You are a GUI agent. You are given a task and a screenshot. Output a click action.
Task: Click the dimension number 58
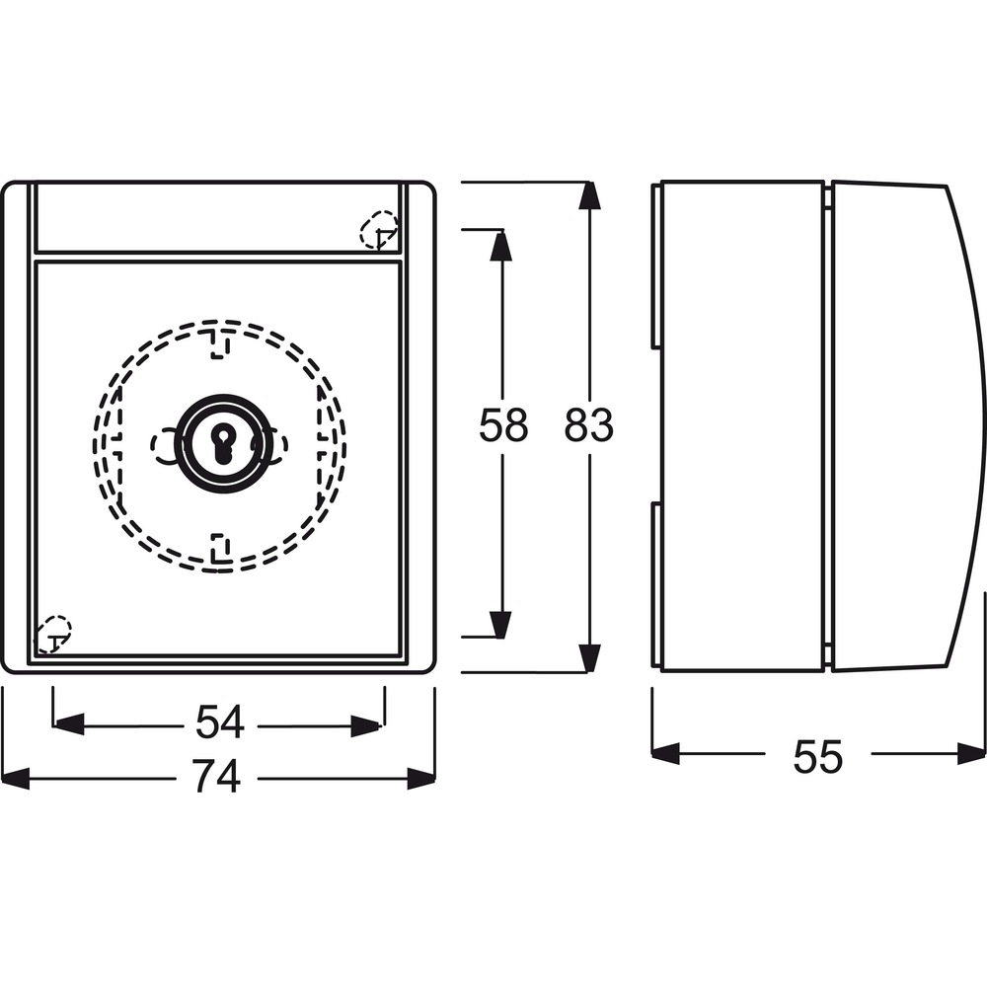[503, 424]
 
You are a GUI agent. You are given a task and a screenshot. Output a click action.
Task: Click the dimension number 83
[588, 424]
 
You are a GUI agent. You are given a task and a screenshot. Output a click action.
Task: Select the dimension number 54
[219, 722]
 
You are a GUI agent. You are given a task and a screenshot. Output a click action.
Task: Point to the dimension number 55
[817, 757]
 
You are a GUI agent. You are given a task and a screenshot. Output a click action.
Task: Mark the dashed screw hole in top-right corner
[379, 229]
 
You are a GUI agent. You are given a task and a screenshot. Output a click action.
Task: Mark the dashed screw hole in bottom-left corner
[53, 634]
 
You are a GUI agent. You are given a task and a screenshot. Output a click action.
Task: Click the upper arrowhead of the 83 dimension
[588, 195]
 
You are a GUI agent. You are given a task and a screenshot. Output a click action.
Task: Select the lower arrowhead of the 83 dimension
[588, 658]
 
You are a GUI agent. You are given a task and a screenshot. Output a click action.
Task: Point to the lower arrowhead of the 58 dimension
[500, 623]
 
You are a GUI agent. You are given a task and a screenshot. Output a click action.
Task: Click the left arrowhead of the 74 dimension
[15, 778]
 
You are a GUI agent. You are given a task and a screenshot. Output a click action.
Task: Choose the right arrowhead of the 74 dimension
[421, 778]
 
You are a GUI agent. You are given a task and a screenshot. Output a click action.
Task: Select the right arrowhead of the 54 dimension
[367, 725]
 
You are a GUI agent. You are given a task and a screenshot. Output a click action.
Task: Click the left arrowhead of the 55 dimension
[666, 753]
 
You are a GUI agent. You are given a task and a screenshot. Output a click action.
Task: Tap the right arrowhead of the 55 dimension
[971, 753]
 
